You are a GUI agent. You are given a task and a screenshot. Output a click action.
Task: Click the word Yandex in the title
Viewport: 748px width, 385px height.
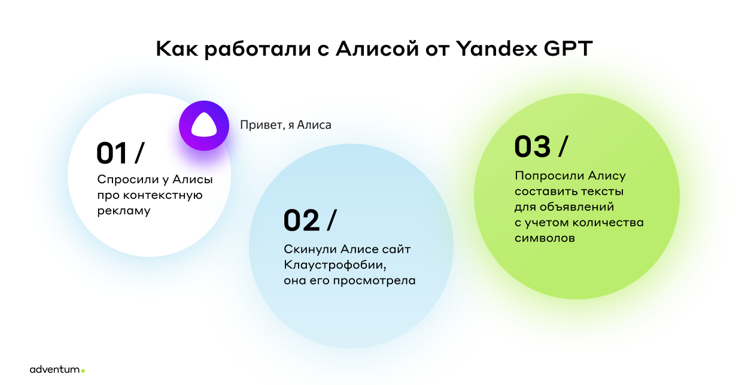point(497,48)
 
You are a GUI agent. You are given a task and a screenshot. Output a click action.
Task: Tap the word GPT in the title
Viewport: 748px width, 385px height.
point(568,48)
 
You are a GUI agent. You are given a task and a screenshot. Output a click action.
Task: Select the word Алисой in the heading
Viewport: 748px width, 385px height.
point(378,48)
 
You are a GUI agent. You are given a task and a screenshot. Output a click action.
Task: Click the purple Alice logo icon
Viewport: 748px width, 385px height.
point(204,126)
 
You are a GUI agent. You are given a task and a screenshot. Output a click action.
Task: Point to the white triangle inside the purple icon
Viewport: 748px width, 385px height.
point(204,125)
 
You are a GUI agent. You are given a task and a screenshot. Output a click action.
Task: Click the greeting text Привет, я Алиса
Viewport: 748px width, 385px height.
point(285,125)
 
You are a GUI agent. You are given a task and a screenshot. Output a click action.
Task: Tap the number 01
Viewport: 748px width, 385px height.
point(112,153)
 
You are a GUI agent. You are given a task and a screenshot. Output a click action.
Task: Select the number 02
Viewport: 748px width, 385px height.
point(302,220)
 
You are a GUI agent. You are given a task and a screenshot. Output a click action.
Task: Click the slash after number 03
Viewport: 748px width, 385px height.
point(563,146)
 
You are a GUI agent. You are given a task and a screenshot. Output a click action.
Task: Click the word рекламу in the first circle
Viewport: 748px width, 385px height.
point(124,211)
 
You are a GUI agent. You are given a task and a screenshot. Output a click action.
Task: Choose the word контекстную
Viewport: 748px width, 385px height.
point(163,195)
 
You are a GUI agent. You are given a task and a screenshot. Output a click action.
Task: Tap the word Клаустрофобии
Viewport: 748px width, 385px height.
point(335,265)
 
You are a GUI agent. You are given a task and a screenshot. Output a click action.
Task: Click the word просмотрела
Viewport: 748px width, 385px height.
point(375,281)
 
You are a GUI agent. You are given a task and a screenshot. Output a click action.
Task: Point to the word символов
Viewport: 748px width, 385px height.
point(545,238)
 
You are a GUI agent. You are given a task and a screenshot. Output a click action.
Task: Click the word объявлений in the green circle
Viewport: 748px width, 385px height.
point(577,207)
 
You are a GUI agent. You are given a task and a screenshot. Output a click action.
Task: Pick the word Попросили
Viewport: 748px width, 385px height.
point(549,176)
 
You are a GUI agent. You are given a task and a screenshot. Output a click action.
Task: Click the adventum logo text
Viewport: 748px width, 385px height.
point(55,369)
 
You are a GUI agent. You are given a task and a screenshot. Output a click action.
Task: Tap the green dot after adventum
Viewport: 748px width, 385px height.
point(83,371)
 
